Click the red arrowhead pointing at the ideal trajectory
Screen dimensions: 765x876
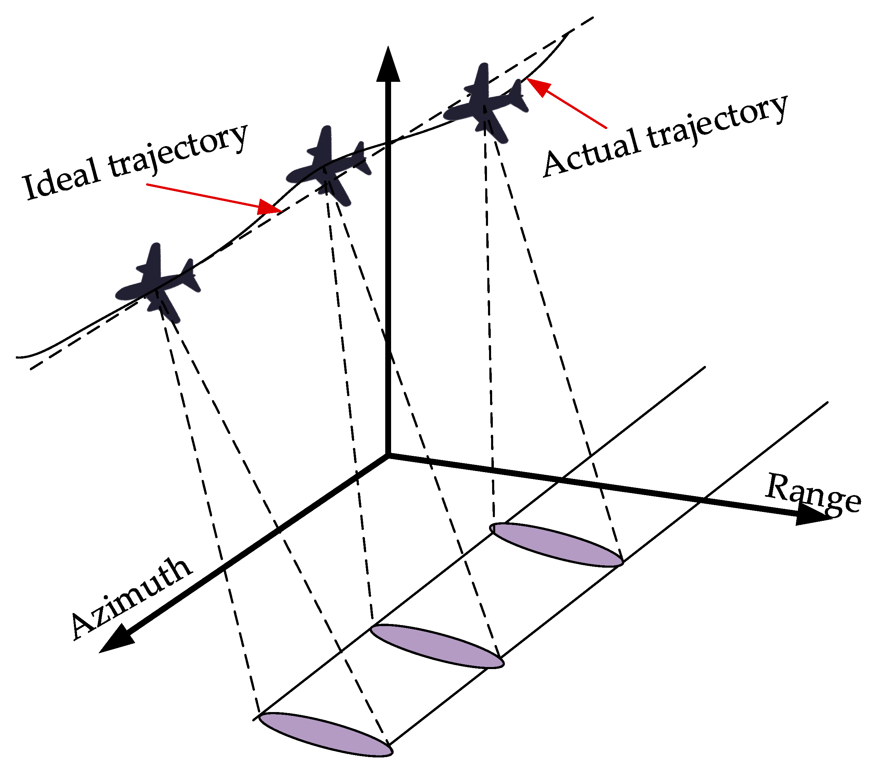point(269,207)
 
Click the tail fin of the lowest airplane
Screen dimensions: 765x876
point(188,273)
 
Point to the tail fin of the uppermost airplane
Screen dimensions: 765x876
point(516,95)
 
